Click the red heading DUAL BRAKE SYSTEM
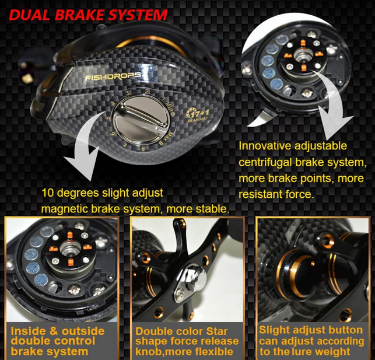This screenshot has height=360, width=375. (88, 15)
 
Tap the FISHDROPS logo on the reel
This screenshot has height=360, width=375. (113, 76)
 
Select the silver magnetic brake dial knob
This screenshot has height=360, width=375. (141, 119)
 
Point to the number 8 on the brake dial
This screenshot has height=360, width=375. (143, 149)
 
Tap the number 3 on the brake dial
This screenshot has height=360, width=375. (128, 93)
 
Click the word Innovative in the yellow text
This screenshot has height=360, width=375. (265, 146)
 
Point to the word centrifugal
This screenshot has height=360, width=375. (265, 162)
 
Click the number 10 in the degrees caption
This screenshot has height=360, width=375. (48, 193)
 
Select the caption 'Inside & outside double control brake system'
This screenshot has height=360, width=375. (58, 341)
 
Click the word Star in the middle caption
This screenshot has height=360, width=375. (217, 331)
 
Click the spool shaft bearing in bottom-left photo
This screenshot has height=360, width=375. (70, 249)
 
